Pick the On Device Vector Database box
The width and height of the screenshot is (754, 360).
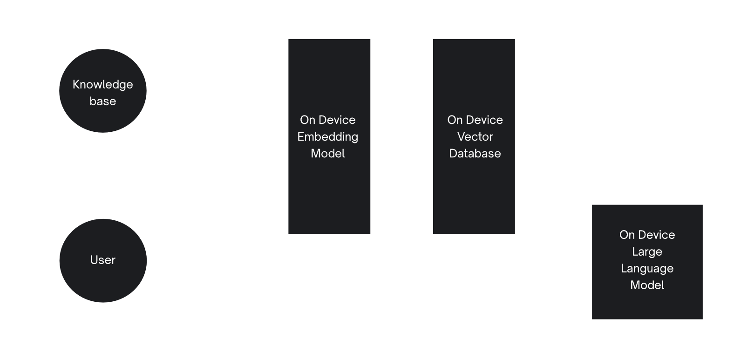coord(474,196)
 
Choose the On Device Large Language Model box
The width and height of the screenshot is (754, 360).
coord(647,303)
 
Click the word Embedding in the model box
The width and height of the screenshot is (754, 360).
coord(328,136)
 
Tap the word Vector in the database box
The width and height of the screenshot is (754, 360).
coord(475,136)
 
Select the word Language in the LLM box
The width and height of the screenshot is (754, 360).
coord(647,268)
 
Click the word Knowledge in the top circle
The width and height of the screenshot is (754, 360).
coord(102,84)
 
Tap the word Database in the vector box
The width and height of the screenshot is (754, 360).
coord(475,153)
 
